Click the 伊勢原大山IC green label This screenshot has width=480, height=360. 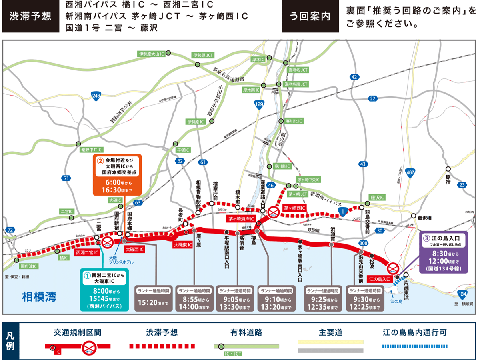click(151, 54)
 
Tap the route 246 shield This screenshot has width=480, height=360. click(96, 96)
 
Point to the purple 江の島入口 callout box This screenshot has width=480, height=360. click(443, 253)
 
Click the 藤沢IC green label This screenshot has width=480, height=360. click(377, 198)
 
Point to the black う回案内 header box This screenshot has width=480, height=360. click(310, 16)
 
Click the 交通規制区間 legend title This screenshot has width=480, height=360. click(78, 332)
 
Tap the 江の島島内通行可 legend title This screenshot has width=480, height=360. click(414, 332)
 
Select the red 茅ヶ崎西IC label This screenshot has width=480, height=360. click(294, 208)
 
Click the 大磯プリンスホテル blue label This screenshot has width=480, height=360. click(121, 260)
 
